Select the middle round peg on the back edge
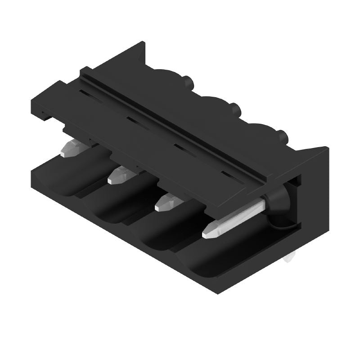click(234, 108)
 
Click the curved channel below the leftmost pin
click(67, 180)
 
